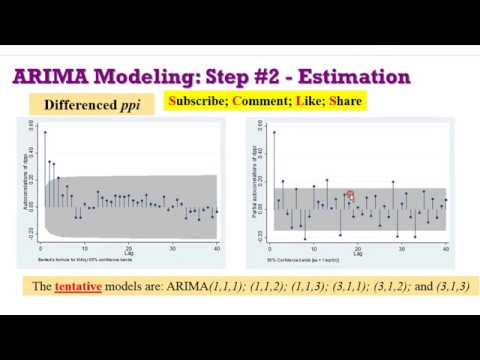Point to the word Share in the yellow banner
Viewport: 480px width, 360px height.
point(342,101)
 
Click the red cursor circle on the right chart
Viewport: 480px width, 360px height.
point(350,195)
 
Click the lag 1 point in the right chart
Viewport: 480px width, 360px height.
point(272,132)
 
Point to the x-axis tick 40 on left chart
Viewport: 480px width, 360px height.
point(216,246)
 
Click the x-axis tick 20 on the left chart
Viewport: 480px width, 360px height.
point(128,246)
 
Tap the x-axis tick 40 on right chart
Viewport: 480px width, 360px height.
point(445,246)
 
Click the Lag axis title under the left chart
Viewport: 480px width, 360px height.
point(128,253)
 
